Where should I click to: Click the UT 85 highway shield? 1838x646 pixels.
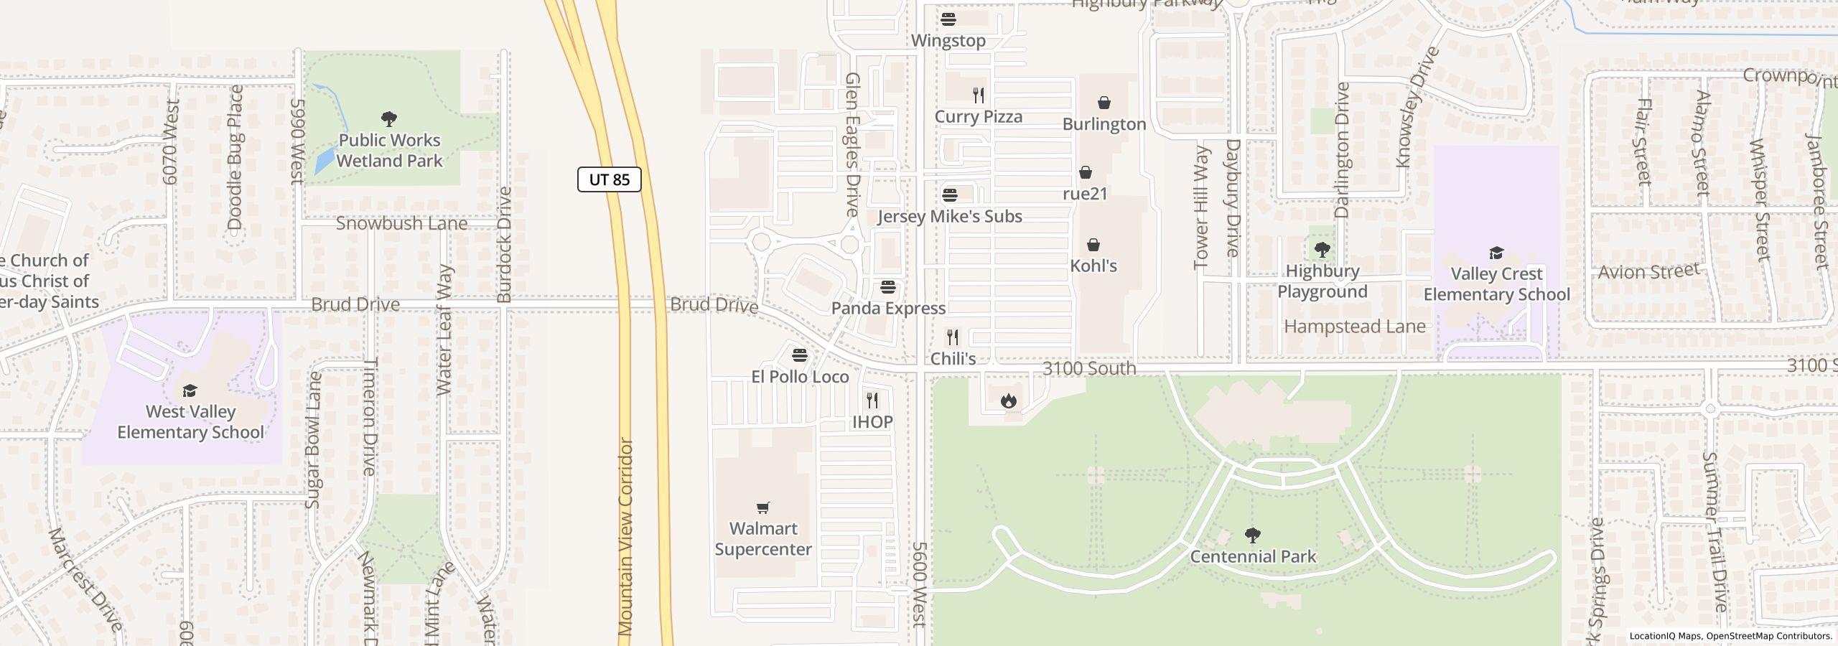pyautogui.click(x=609, y=179)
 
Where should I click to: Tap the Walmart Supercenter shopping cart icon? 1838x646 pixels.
pyautogui.click(x=763, y=508)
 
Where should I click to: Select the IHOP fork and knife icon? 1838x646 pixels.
pyautogui.click(x=872, y=401)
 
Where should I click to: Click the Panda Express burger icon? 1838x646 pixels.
pyautogui.click(x=888, y=288)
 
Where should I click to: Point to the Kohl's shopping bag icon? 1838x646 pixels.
pyautogui.click(x=1093, y=245)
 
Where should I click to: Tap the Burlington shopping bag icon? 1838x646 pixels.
pyautogui.click(x=1104, y=103)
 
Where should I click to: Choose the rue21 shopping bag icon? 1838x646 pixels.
pyautogui.click(x=1086, y=173)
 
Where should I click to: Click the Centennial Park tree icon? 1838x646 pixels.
pyautogui.click(x=1253, y=535)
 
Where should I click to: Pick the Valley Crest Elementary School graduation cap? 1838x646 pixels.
pyautogui.click(x=1496, y=253)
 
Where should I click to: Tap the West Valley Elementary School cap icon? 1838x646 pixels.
pyautogui.click(x=190, y=390)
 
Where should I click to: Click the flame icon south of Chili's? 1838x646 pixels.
pyautogui.click(x=1009, y=401)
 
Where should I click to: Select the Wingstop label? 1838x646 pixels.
pyautogui.click(x=948, y=41)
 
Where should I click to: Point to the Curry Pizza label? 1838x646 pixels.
pyautogui.click(x=978, y=117)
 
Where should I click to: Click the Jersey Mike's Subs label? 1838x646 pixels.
pyautogui.click(x=949, y=217)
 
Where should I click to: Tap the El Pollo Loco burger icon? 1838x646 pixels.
pyautogui.click(x=799, y=355)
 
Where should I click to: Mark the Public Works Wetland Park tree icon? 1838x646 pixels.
pyautogui.click(x=389, y=119)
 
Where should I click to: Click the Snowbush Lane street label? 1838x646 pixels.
pyautogui.click(x=401, y=224)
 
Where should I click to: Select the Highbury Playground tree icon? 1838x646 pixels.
pyautogui.click(x=1322, y=250)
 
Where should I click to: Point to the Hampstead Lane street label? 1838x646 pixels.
pyautogui.click(x=1354, y=327)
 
